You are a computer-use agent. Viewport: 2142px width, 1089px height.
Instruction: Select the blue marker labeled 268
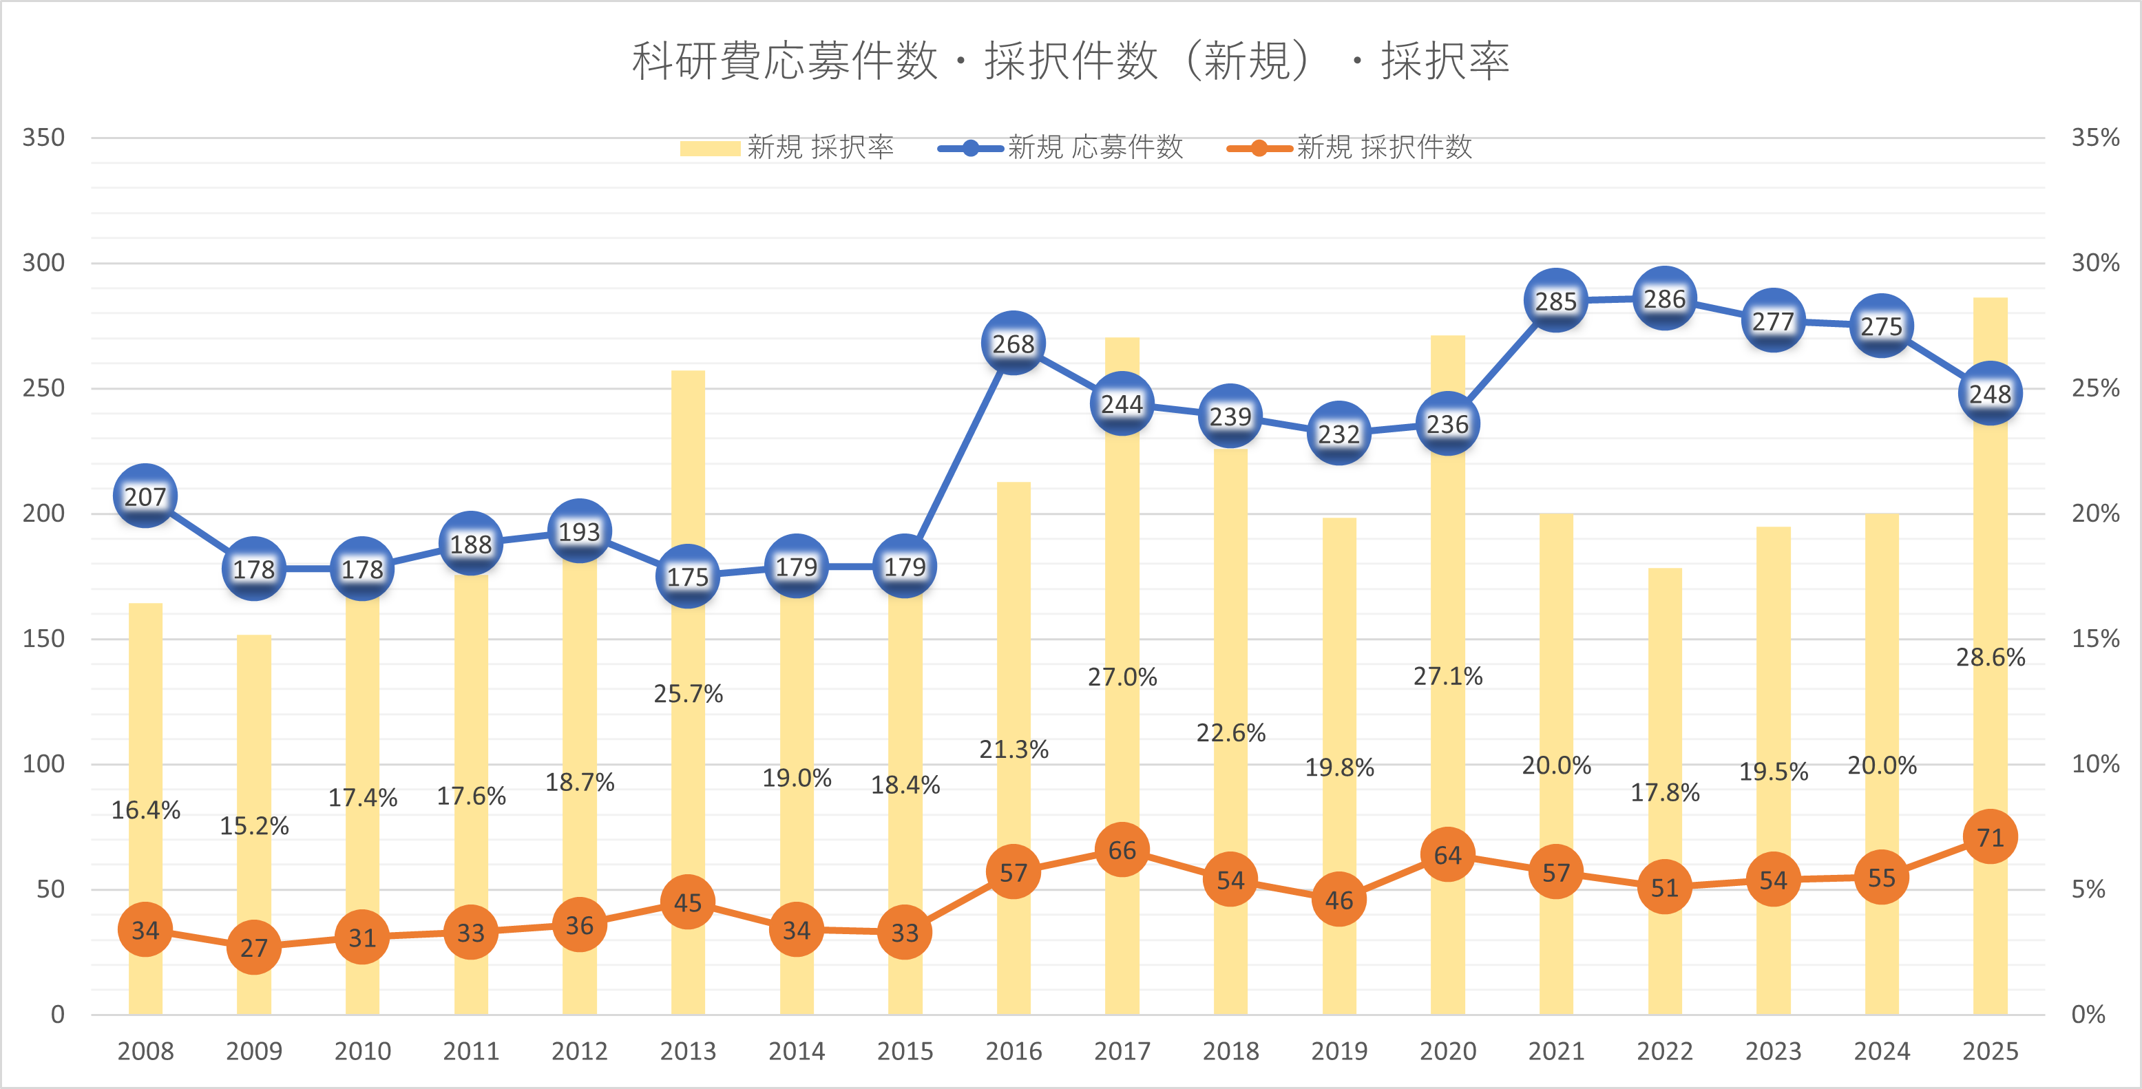(x=1013, y=343)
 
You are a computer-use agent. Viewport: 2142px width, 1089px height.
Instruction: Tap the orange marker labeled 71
(x=1990, y=836)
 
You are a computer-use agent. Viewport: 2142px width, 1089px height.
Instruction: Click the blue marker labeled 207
(x=145, y=496)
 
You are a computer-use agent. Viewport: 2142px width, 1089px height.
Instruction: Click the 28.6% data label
(x=1990, y=657)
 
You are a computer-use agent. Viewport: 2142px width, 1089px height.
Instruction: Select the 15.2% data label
(x=253, y=825)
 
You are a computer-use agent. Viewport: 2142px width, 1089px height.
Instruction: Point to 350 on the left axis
(x=43, y=137)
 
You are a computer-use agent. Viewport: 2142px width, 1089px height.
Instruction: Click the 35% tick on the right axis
(x=2094, y=137)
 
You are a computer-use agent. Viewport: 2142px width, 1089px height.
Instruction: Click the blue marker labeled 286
(x=1664, y=299)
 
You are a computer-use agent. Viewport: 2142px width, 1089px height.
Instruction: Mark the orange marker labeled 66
(x=1122, y=849)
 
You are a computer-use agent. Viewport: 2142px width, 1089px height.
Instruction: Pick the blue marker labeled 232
(x=1338, y=433)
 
